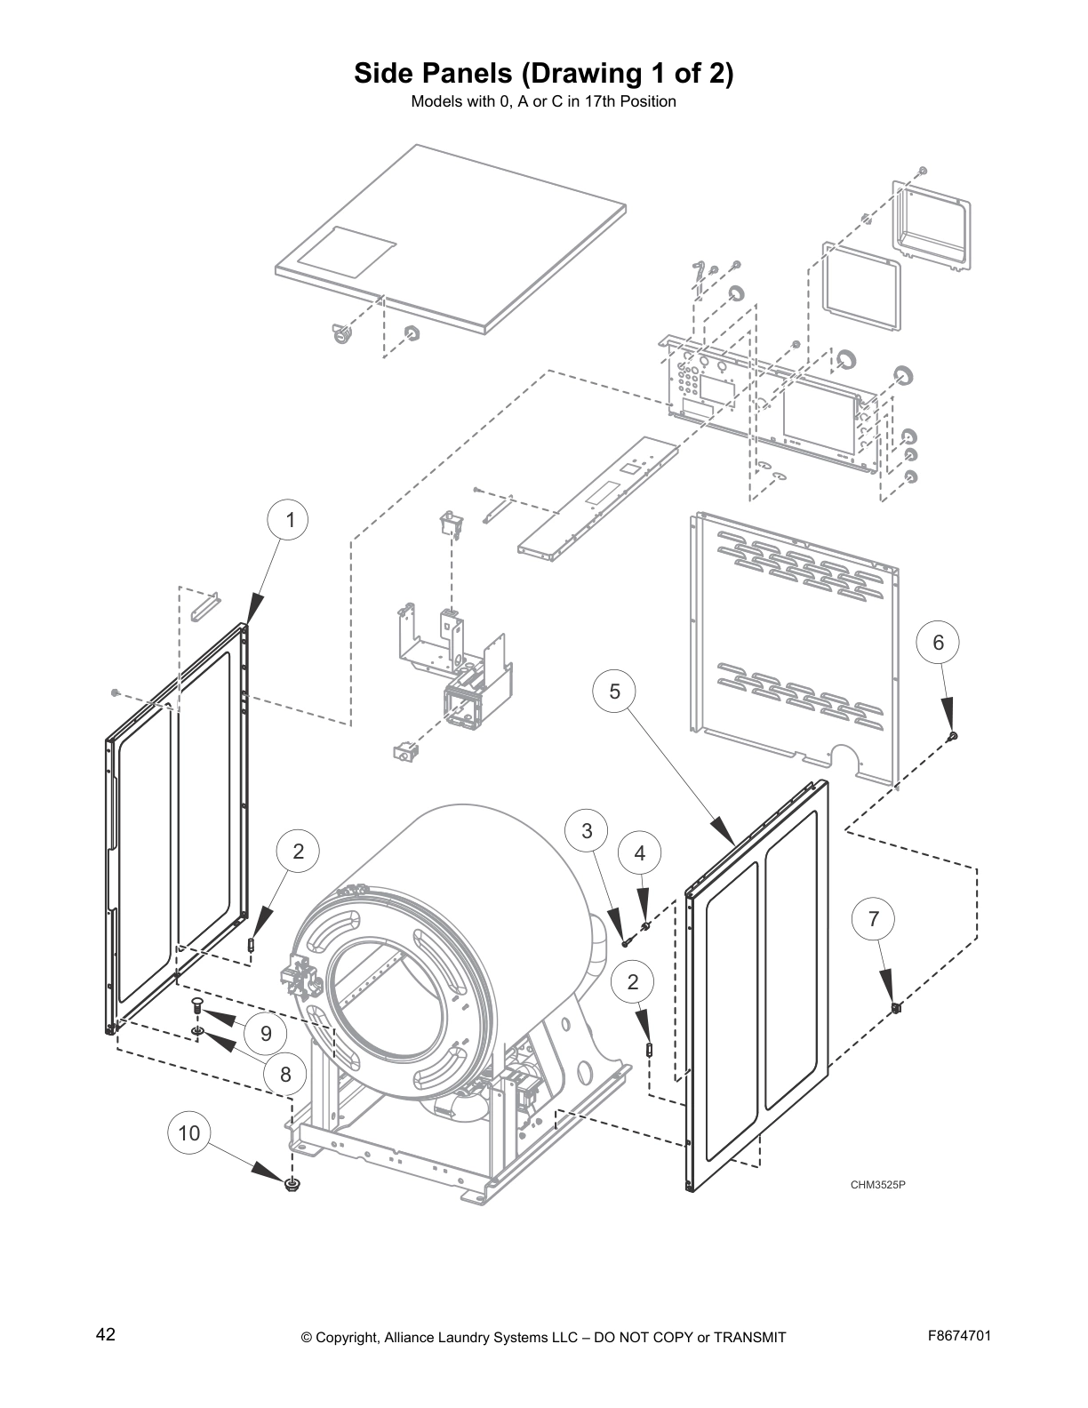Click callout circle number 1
tap(290, 521)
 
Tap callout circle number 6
tap(938, 643)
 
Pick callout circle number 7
tap(873, 919)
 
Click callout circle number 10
tap(189, 1133)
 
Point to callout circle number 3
tap(587, 831)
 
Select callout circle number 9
tap(265, 1034)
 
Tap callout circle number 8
tap(285, 1075)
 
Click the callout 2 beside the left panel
tap(298, 852)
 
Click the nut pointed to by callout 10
tap(291, 1184)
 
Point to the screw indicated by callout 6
tap(954, 735)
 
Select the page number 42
tap(106, 1334)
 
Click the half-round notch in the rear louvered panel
tap(847, 758)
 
